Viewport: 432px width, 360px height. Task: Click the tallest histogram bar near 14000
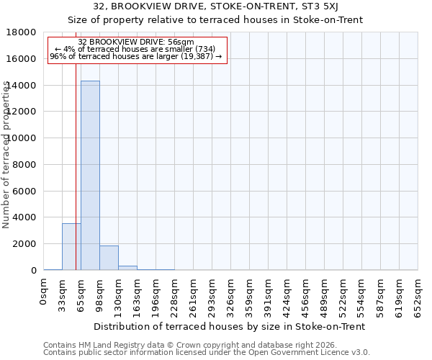[90, 176]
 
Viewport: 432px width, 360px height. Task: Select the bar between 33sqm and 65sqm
[71, 247]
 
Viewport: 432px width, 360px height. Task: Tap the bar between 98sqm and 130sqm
[109, 258]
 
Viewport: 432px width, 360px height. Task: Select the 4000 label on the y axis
[24, 217]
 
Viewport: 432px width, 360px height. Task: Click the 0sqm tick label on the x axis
[44, 292]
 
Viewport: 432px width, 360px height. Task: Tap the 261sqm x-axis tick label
[194, 295]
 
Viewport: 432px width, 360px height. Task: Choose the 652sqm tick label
[418, 295]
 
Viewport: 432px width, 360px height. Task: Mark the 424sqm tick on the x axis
[287, 295]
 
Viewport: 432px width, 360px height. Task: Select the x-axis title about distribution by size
[230, 326]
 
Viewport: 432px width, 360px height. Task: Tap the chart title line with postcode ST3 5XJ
[216, 6]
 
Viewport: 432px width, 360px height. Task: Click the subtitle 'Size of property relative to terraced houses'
[216, 19]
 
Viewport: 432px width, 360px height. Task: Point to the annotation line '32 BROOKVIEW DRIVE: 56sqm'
[137, 42]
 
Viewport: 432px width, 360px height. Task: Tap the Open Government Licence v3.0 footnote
[207, 353]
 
